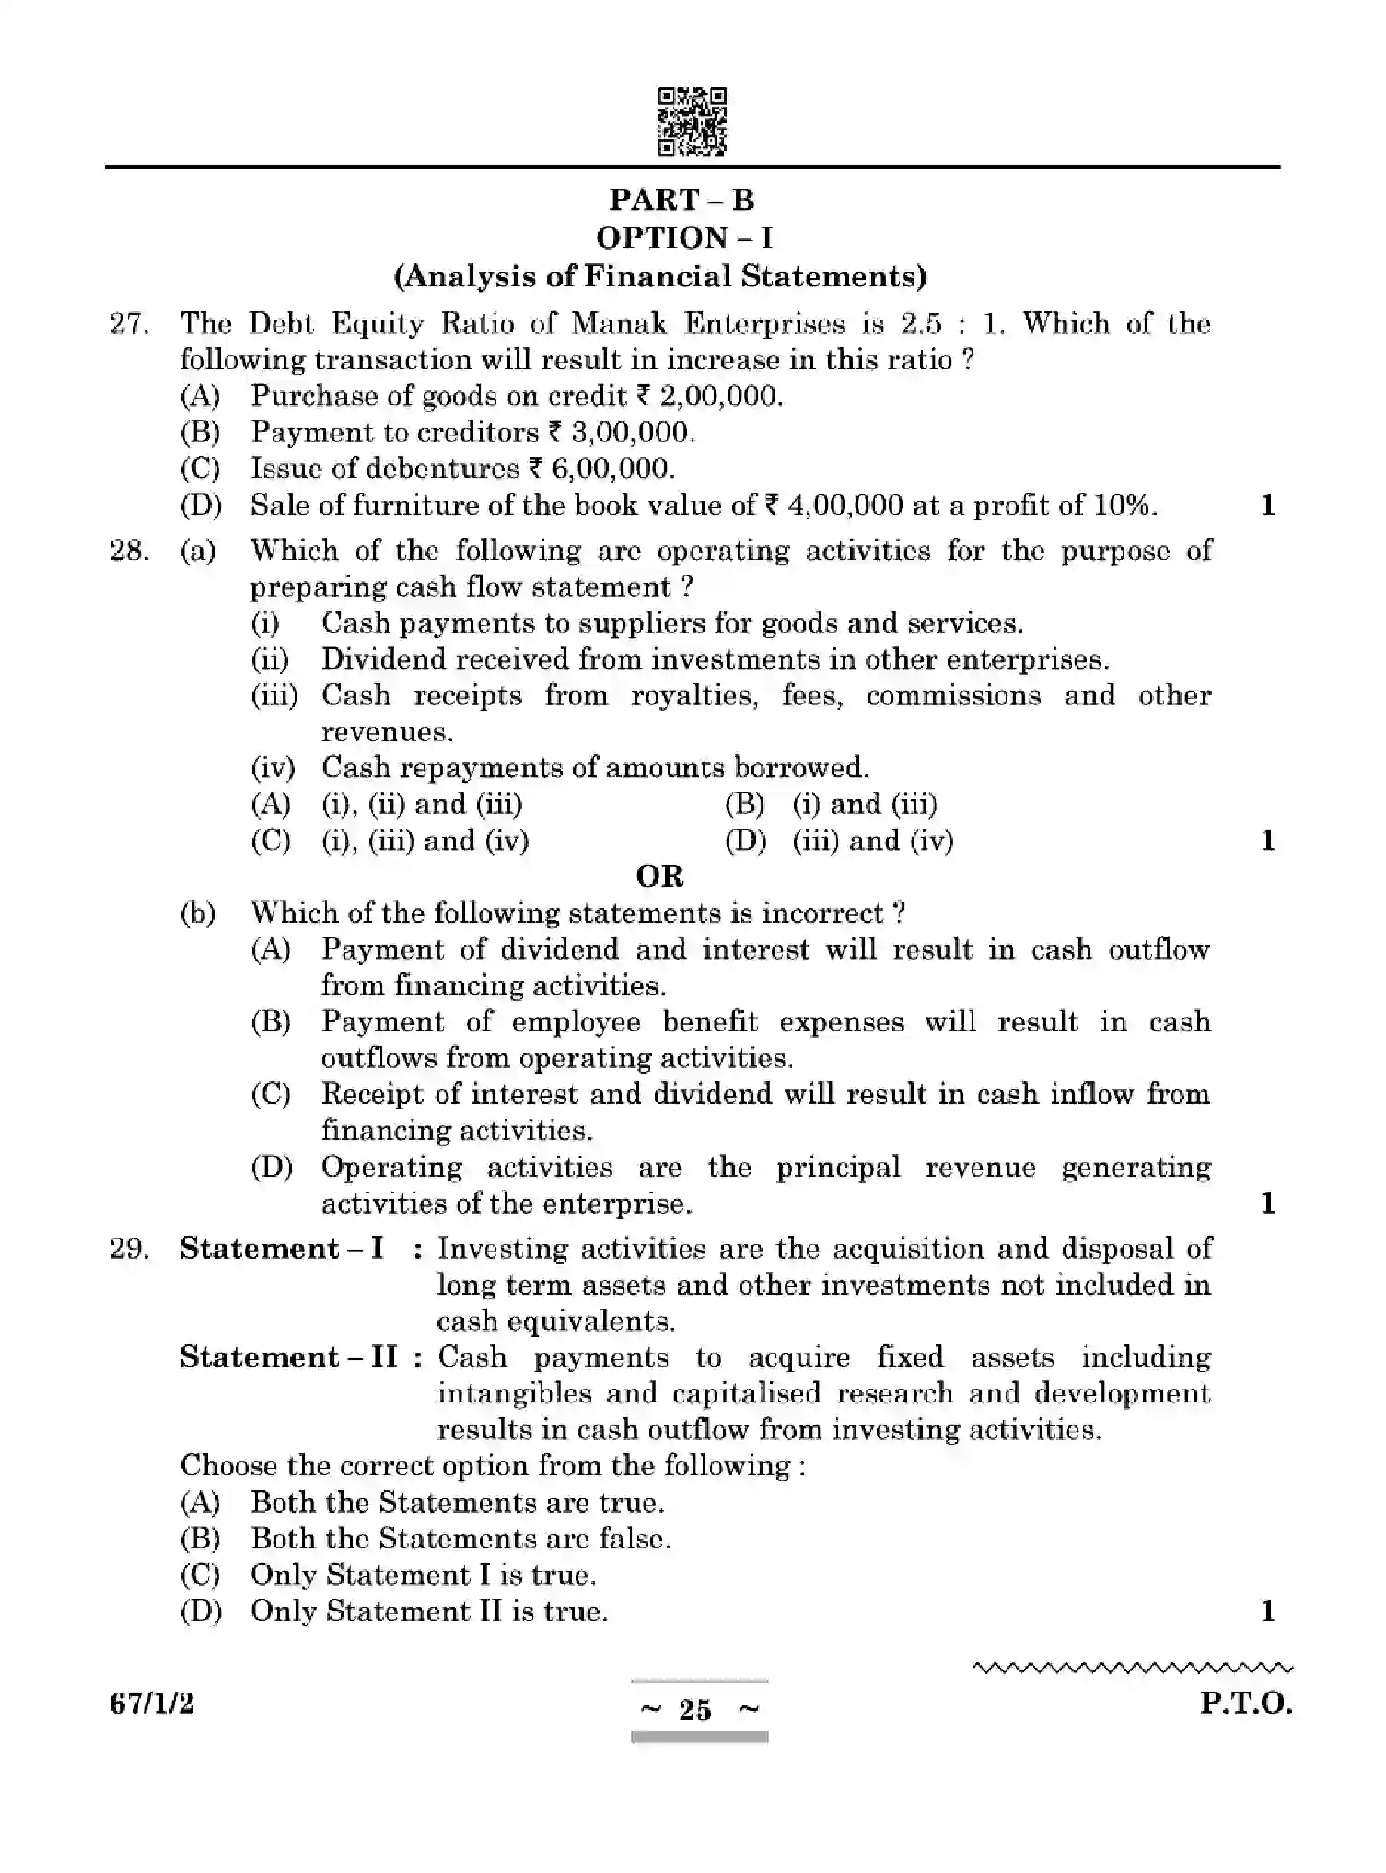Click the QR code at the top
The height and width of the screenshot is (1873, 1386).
[692, 121]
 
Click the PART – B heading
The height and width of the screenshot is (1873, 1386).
[681, 200]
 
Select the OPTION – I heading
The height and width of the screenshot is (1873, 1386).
[684, 238]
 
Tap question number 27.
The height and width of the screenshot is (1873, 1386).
[129, 324]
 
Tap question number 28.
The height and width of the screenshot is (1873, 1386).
[129, 551]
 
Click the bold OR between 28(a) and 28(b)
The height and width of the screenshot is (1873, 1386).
[660, 876]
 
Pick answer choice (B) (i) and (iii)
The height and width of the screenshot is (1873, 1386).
[832, 804]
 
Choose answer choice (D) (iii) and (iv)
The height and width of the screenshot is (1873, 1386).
[840, 841]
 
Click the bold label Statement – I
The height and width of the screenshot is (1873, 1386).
[282, 1249]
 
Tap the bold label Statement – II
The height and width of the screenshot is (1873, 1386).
[289, 1357]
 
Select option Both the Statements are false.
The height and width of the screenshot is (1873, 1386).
[460, 1539]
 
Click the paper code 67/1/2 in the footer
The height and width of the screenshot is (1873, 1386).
[152, 1704]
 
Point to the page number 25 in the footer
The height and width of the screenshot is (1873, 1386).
[695, 1710]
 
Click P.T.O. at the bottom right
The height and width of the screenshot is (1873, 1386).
[1245, 1704]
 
